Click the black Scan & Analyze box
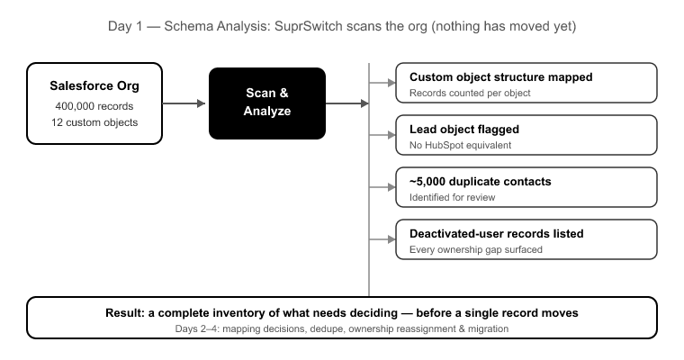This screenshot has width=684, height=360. point(267,103)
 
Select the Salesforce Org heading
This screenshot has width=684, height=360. point(94,86)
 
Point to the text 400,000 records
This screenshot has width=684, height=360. point(94,106)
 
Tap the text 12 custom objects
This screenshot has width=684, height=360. point(94,122)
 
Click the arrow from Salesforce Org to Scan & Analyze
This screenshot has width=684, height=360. point(184,103)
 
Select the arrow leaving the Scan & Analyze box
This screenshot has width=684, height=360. point(347,103)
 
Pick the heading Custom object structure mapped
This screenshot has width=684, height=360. point(500,77)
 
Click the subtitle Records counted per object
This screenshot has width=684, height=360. point(470,93)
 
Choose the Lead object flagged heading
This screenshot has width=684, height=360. point(464,130)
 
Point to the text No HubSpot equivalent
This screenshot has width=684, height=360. point(460,145)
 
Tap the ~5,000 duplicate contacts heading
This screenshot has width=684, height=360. point(481,182)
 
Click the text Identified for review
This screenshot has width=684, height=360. point(453,197)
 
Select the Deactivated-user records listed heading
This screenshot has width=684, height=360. point(497,234)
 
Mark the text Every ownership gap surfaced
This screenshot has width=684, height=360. point(476,249)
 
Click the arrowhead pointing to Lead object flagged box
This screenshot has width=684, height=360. point(391,135)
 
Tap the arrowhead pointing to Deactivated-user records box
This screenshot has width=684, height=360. point(391,239)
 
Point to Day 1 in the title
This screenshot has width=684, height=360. point(125,26)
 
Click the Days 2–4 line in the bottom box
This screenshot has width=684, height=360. point(342,328)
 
